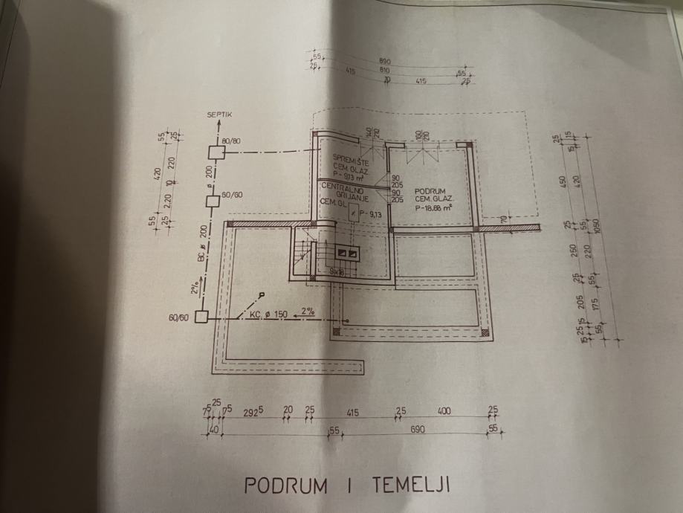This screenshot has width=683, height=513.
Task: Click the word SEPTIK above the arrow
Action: coord(221,115)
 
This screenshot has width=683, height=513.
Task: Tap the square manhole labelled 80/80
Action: coord(215,152)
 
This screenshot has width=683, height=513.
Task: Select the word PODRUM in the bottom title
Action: coord(286,486)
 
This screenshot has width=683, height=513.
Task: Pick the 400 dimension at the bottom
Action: coord(444,411)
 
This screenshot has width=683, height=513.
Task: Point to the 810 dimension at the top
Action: coord(385,70)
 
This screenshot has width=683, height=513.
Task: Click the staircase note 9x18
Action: coord(336,273)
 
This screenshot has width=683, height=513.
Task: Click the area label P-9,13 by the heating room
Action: coord(369,213)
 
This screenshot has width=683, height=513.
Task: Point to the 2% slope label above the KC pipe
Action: coord(308,312)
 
